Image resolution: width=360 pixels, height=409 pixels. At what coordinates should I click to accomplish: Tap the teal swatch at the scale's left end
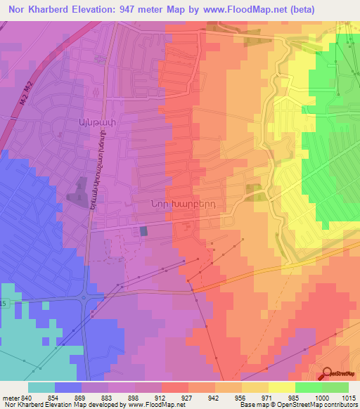pyautogui.click(x=41, y=388)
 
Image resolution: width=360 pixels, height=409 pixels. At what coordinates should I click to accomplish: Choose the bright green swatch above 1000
pyautogui.click(x=309, y=388)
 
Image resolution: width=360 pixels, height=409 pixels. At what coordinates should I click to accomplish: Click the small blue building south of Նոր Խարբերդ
pyautogui.click(x=144, y=231)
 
